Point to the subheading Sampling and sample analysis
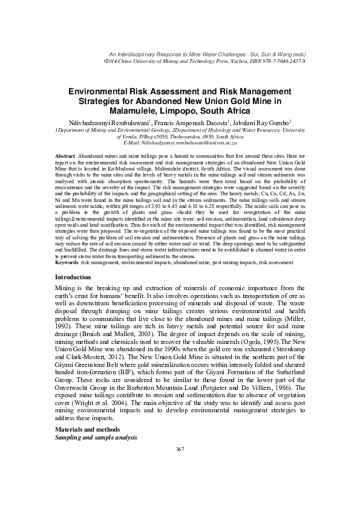click(96, 436)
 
